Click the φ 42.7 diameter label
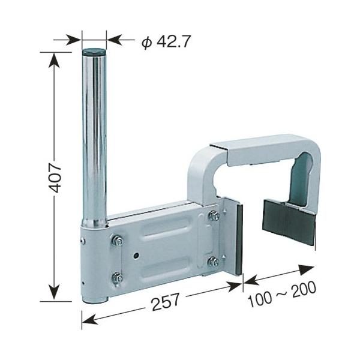(166, 42)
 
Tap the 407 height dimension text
(56, 178)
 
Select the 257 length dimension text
(166, 301)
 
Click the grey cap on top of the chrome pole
(94, 51)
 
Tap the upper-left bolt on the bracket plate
(118, 241)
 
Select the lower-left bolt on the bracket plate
(118, 278)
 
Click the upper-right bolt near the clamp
(214, 216)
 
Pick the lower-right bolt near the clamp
(213, 262)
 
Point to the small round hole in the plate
(136, 255)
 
